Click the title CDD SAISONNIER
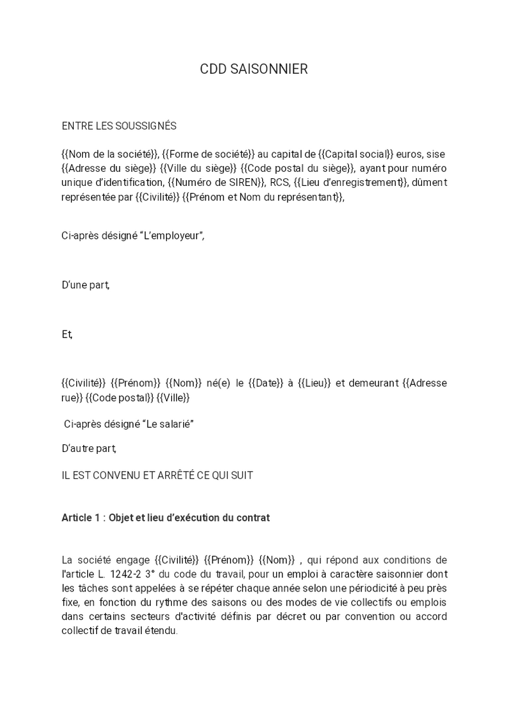[254, 69]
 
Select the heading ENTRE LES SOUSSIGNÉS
[119, 126]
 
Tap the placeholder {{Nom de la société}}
[109, 154]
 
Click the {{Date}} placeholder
[262, 383]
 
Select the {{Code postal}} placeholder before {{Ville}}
[120, 398]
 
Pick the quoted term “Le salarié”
[170, 425]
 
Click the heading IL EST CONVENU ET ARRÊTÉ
[157, 476]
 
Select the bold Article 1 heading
[165, 518]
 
